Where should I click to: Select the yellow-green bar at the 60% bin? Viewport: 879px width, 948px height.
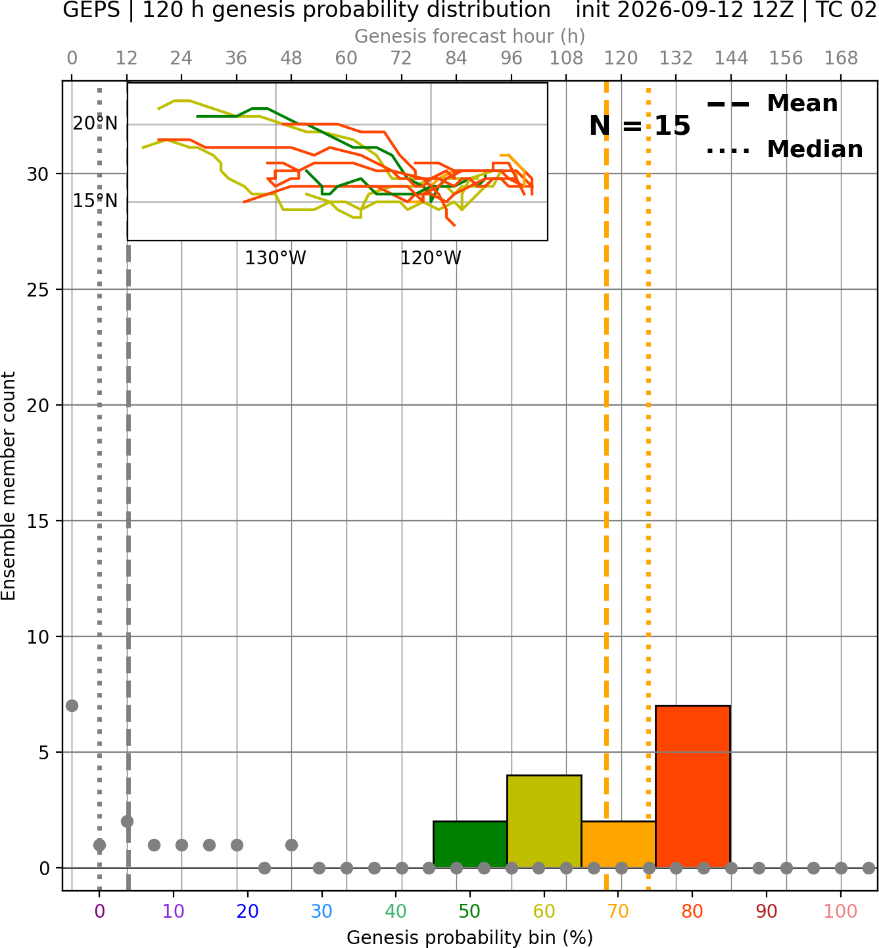[x=544, y=821]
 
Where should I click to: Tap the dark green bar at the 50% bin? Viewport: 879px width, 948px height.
[x=470, y=844]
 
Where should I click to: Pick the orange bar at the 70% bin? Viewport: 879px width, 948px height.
[x=619, y=844]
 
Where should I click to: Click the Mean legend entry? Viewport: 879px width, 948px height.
[x=772, y=104]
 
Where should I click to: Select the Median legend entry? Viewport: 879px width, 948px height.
[x=784, y=149]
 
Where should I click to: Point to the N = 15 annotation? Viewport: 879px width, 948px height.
[x=640, y=126]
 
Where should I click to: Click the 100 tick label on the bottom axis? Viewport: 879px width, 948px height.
[x=841, y=911]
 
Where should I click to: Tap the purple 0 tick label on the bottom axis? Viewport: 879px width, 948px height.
[x=99, y=911]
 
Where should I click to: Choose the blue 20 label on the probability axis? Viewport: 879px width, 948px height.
[x=248, y=911]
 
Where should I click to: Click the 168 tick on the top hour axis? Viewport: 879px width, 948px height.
[x=841, y=59]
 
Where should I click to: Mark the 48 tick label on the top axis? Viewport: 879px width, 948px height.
[x=291, y=59]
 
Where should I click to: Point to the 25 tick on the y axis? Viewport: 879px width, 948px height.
[x=37, y=290]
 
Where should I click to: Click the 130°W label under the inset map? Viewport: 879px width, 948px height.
[x=275, y=258]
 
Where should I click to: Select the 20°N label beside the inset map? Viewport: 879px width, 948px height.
[x=95, y=124]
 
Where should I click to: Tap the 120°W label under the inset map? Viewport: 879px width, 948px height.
[x=431, y=258]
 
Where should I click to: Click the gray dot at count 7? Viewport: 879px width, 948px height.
[x=72, y=705]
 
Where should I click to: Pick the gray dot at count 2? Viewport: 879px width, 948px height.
[x=127, y=822]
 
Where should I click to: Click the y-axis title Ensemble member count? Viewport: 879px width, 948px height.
[x=8, y=486]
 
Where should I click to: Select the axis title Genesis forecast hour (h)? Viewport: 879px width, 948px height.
[x=470, y=36]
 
